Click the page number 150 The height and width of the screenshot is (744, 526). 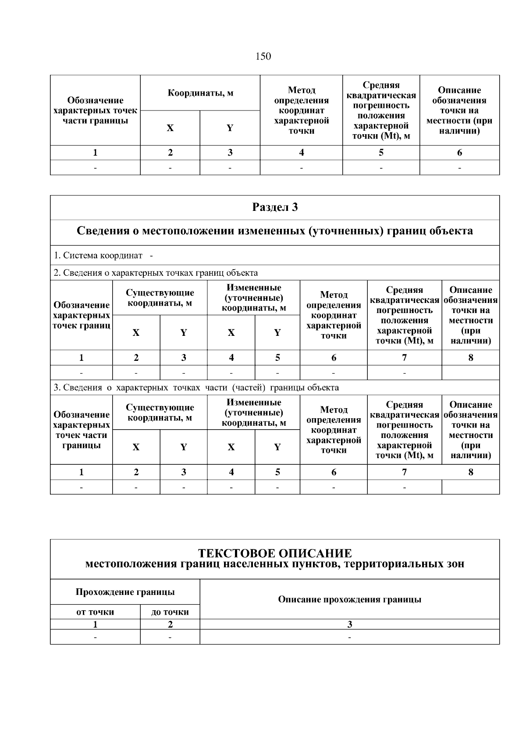pos(263,57)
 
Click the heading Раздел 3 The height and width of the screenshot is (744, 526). pos(275,207)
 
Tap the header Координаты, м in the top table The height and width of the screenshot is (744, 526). pos(200,93)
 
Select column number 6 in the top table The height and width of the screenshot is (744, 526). pos(459,153)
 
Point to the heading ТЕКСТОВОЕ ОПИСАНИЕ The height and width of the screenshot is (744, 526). pos(275,553)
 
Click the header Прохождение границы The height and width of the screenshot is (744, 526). pos(125,592)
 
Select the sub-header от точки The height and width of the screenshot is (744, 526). pos(95,612)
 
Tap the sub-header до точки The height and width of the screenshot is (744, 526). pos(170,612)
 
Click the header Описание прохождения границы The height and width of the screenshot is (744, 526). pos(349,599)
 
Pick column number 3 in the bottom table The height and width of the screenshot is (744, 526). pos(349,624)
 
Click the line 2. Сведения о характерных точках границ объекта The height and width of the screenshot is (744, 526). pos(156,273)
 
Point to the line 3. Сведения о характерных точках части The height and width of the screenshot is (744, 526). pos(196,388)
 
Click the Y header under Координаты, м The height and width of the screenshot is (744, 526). pos(230,128)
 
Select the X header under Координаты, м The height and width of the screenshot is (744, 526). pos(170,128)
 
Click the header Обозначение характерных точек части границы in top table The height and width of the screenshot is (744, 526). pos(95,110)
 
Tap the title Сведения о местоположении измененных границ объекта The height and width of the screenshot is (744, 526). pos(275,231)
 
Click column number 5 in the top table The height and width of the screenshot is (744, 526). pos(381,153)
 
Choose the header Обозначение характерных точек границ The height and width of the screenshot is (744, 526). pos(82,315)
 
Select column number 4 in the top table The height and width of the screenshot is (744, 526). pos(301,153)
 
